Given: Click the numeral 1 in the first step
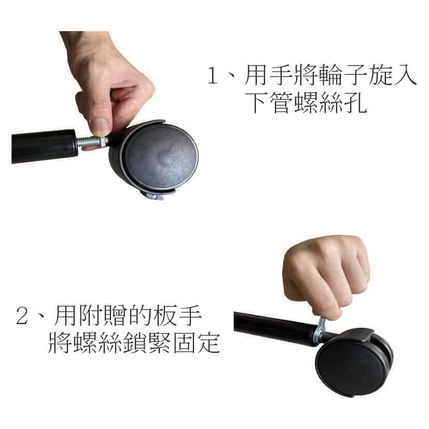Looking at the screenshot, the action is pyautogui.click(x=212, y=75).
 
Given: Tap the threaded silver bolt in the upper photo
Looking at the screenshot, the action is pyautogui.click(x=92, y=142).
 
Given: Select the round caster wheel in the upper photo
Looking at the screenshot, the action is pyautogui.click(x=156, y=159).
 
